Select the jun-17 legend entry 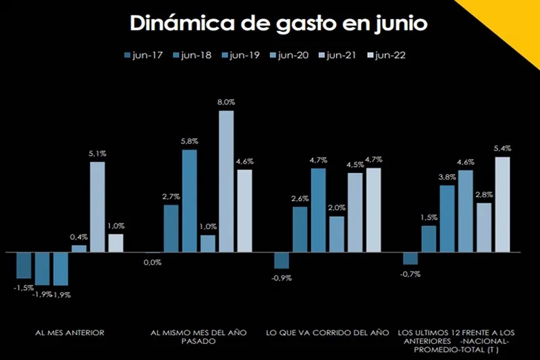[143, 55]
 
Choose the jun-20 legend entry [288, 55]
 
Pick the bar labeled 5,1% [98, 207]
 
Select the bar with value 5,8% [190, 201]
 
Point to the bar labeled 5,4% [502, 204]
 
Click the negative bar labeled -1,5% [24, 265]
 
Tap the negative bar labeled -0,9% [281, 260]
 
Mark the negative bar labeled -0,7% [410, 258]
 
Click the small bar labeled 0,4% [80, 249]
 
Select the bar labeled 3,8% [447, 218]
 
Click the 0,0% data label [153, 262]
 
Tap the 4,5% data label [355, 165]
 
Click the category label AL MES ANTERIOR [70, 332]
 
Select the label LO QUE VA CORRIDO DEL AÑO [328, 332]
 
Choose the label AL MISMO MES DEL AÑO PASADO [198, 336]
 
